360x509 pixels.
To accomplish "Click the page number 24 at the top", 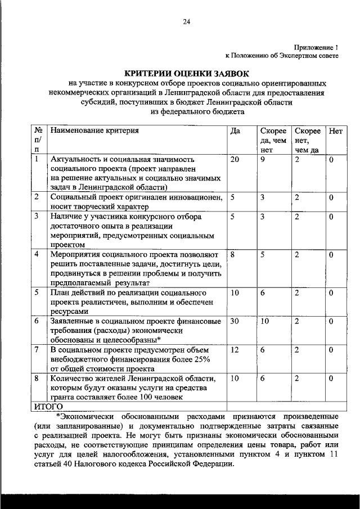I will coord(186,21).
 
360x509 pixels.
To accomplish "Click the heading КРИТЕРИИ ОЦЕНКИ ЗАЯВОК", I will coord(185,74).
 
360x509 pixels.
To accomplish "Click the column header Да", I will coord(235,130).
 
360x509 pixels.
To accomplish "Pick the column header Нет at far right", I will coord(335,130).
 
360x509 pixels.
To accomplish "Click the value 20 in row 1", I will coord(235,160).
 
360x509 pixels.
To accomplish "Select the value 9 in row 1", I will coord(262,160).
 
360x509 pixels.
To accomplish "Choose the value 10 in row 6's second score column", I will coord(264,321).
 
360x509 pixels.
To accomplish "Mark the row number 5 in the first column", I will coord(37,292).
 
